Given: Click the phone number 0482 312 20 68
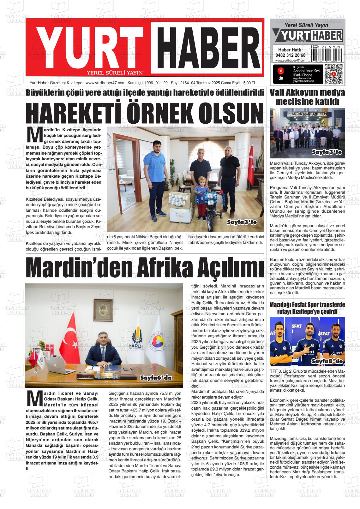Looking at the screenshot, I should pos(290,55).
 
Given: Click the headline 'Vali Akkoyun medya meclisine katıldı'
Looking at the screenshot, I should pos(307,97).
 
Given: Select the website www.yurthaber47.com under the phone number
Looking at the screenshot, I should pos(291,61).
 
